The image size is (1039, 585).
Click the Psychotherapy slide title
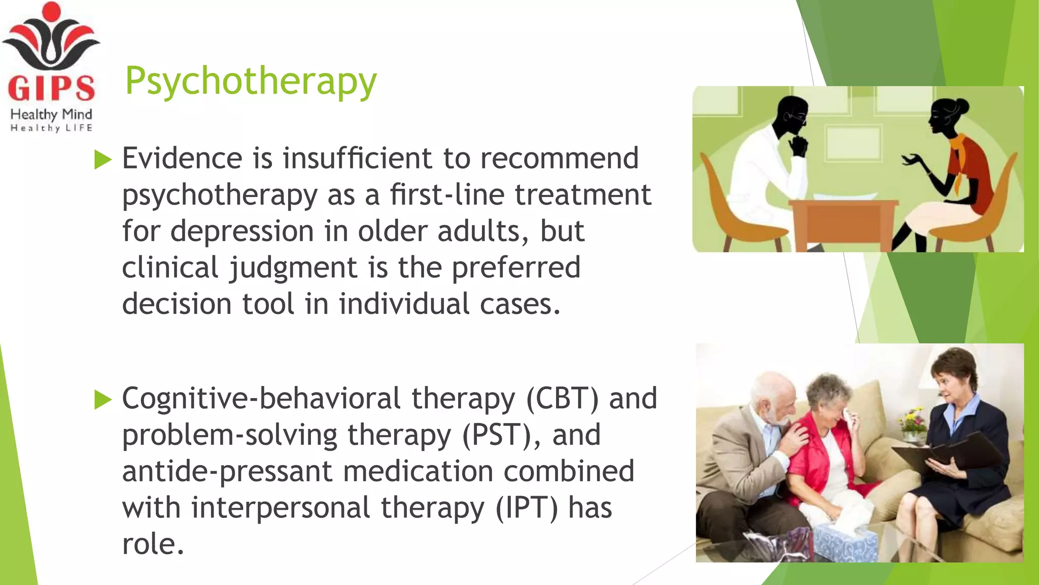pos(251,81)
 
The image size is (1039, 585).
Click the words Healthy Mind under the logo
pos(51,114)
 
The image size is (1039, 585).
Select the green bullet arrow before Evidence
pos(103,160)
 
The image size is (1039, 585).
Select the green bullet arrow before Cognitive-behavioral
pos(103,400)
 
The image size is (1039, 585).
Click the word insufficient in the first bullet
pos(358,158)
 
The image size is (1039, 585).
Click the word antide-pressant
pos(227,472)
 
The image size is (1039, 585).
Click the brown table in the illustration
pos(843,223)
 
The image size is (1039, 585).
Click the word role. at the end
pos(152,544)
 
